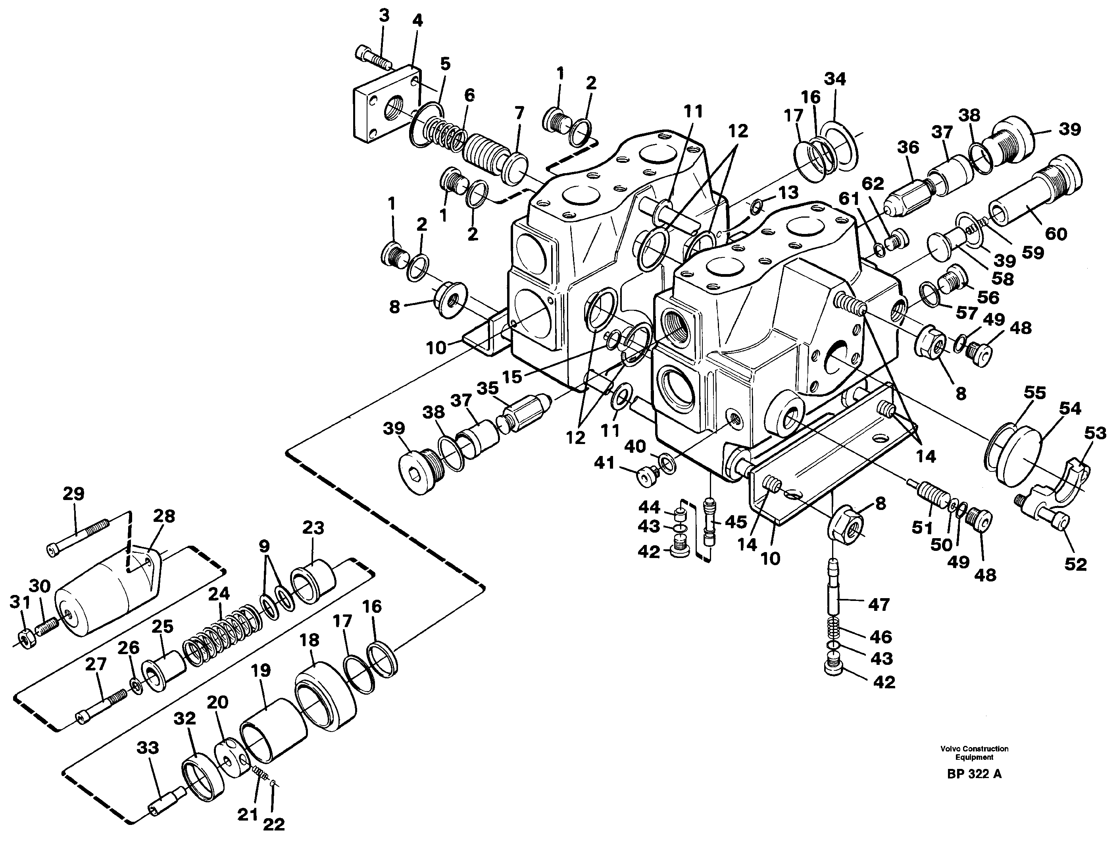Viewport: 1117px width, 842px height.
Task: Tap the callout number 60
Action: (x=1055, y=234)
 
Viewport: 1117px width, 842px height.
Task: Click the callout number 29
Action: (x=73, y=493)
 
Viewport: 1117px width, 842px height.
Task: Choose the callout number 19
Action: (x=261, y=671)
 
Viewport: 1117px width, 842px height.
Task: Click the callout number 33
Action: (x=148, y=747)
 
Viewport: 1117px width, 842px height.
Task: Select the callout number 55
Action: (x=1034, y=393)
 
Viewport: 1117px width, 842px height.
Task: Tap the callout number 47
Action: (x=878, y=604)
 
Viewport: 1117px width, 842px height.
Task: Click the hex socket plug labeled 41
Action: (x=646, y=475)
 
